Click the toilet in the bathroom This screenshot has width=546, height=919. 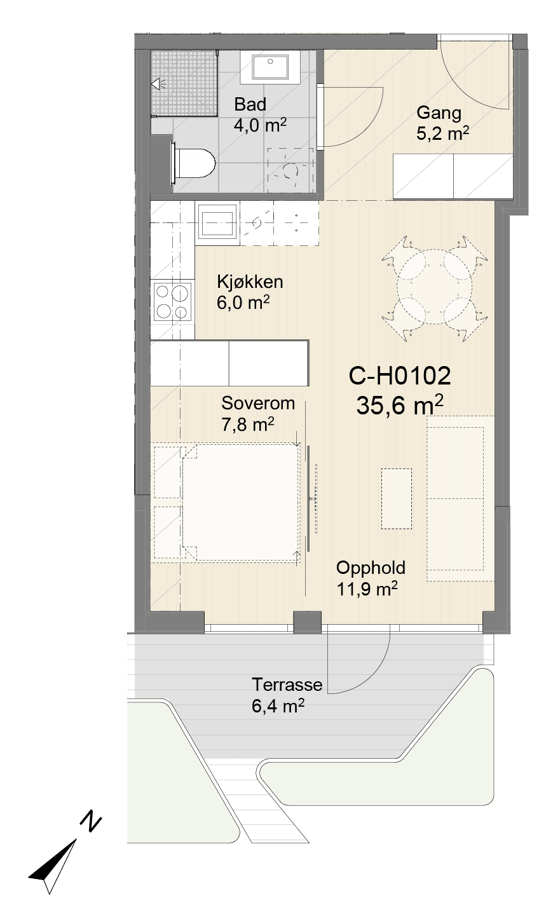point(193,163)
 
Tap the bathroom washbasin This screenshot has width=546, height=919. point(270,67)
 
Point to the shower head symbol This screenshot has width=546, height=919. point(158,84)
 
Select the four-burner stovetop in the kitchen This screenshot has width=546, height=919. point(173,301)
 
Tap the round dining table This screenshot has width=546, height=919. point(434,287)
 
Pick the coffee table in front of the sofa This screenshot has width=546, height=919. point(396,498)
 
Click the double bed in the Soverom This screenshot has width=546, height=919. point(241,502)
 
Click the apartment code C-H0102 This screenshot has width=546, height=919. point(400,376)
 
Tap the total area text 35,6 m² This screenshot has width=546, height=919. point(400,405)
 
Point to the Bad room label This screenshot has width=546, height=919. point(250,104)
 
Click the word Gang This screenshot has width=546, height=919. point(439,113)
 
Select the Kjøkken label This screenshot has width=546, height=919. point(250,282)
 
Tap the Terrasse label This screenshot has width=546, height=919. point(287,684)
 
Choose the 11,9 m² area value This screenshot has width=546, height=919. point(367,589)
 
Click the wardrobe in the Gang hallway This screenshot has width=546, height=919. point(453,177)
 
